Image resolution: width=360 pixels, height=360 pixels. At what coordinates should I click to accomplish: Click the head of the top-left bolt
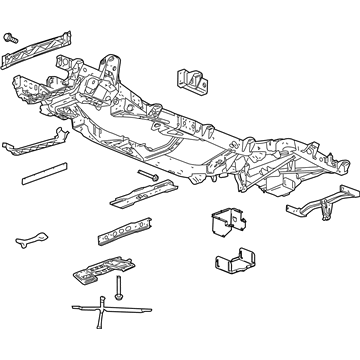pyautogui.click(x=12, y=37)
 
